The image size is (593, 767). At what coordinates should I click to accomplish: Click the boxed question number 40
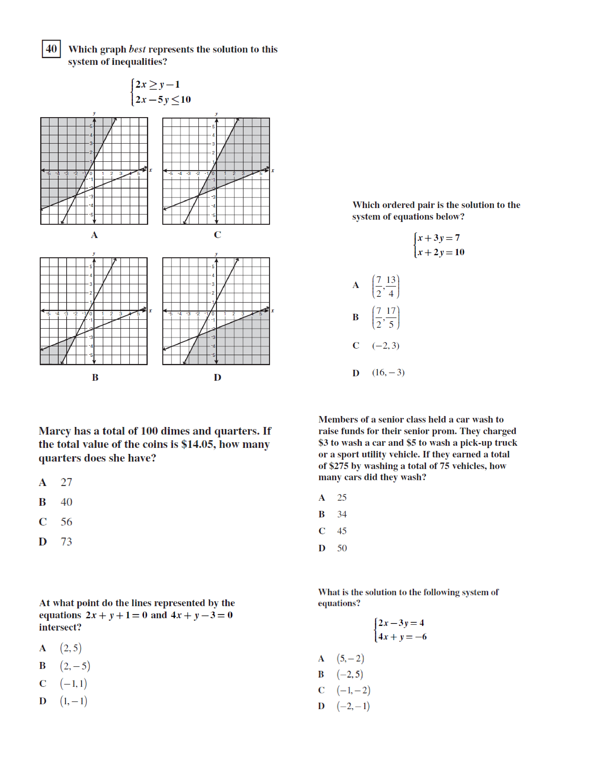tap(51, 49)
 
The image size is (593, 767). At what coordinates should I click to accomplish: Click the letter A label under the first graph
tap(94, 235)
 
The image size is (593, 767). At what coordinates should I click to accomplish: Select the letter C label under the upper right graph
tap(217, 235)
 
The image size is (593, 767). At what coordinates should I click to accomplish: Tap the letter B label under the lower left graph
tap(95, 377)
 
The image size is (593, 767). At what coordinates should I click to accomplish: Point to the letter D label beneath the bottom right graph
tap(217, 377)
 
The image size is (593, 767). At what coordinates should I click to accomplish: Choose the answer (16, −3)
tap(388, 372)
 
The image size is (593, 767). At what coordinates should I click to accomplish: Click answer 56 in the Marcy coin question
tap(67, 522)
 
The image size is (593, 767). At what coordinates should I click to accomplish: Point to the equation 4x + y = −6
tap(402, 637)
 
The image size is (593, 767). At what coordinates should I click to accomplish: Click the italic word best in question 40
tap(137, 49)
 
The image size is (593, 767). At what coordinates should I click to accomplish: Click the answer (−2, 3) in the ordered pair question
tap(385, 346)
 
